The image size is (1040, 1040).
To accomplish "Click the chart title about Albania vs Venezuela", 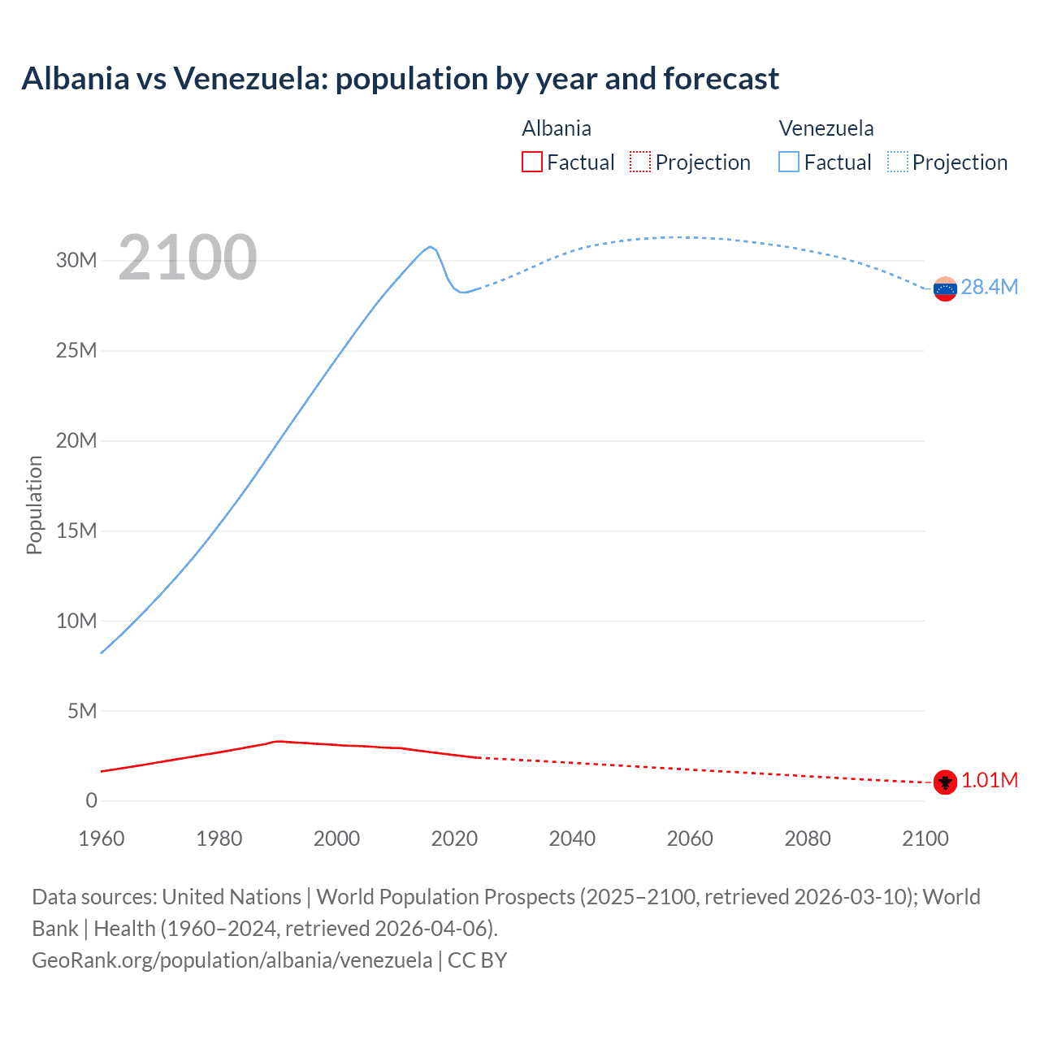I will [400, 79].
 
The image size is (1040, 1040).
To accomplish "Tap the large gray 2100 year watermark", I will [188, 258].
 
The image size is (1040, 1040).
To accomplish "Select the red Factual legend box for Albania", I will [531, 162].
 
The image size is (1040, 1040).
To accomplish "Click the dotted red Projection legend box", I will [640, 162].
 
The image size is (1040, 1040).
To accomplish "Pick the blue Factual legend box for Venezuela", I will [789, 162].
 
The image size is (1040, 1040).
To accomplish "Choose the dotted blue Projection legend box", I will [897, 162].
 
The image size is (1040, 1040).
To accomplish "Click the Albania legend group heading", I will [557, 128].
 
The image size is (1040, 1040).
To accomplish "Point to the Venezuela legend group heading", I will [826, 128].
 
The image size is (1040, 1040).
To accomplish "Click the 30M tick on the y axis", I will [76, 260].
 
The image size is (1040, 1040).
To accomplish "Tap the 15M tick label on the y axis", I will [76, 531].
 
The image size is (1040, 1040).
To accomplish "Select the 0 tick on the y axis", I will [91, 801].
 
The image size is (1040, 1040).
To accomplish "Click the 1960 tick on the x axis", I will [102, 838].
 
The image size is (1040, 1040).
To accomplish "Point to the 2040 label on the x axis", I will [572, 838].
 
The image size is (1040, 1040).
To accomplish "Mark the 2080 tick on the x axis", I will [808, 838].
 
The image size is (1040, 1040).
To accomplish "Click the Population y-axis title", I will [34, 505].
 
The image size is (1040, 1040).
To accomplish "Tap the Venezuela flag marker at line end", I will [945, 288].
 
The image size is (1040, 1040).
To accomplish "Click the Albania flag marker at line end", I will [945, 782].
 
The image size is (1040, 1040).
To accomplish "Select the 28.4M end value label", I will [989, 287].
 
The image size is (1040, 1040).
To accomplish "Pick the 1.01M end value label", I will [990, 781].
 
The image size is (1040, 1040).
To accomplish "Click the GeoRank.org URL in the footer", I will [232, 960].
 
